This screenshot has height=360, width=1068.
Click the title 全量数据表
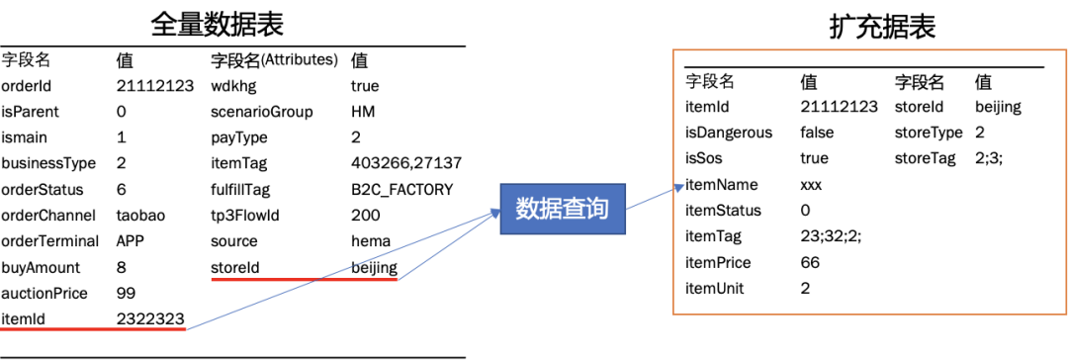217,25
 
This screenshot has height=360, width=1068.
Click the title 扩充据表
882,28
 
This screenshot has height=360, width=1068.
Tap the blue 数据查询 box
562,209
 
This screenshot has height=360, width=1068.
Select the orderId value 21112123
155,87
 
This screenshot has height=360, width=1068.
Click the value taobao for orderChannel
141,216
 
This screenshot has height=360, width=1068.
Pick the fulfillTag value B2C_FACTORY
401,190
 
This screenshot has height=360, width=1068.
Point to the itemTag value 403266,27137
406,164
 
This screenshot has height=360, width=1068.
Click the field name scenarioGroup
262,113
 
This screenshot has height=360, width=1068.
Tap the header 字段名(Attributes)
275,60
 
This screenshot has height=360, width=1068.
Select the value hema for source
371,241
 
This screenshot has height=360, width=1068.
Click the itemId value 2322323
150,318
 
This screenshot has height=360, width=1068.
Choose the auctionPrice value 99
127,293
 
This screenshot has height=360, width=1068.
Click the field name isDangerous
729,133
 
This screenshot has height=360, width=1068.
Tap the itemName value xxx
811,186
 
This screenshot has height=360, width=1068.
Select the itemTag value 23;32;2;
826,237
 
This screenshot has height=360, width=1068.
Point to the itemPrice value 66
810,263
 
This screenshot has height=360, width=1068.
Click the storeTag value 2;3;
989,159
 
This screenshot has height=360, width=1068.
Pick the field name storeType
929,133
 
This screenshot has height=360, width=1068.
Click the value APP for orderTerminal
130,241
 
